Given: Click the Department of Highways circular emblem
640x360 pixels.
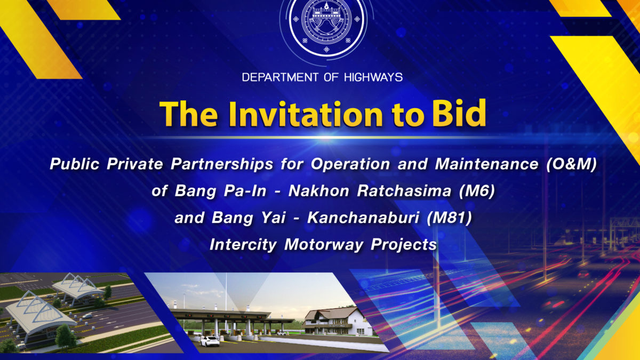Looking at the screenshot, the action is tap(326, 25).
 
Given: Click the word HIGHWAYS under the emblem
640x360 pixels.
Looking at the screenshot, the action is tap(373, 77).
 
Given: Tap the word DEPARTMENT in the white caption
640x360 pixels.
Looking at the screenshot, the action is tap(280, 77).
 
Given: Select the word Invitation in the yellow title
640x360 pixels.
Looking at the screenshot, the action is tap(306, 114).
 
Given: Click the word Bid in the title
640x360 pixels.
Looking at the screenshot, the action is tap(459, 113).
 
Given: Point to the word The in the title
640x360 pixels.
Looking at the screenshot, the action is tap(189, 114).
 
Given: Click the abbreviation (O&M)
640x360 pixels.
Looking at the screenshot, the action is tap(572, 164).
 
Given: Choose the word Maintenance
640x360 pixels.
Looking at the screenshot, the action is tap(486, 164).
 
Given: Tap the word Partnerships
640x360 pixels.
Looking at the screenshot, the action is tap(222, 165).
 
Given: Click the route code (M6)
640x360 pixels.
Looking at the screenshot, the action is tap(477, 191).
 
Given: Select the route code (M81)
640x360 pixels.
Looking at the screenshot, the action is tap(449, 218).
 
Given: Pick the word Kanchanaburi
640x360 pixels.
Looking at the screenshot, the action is tap(363, 218).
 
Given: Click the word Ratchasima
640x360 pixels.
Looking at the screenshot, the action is tap(404, 191).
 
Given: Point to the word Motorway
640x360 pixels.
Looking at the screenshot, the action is tap(324, 245).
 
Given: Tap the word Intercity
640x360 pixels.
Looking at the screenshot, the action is tap(243, 245).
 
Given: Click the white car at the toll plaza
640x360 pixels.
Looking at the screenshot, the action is tap(210, 341).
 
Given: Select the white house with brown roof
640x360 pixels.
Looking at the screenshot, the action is tap(337, 321).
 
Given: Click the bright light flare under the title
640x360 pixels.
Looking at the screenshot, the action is tap(325, 138).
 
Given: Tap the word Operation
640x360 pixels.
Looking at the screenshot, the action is tap(350, 165).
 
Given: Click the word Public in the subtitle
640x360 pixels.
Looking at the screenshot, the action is tap(74, 164).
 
